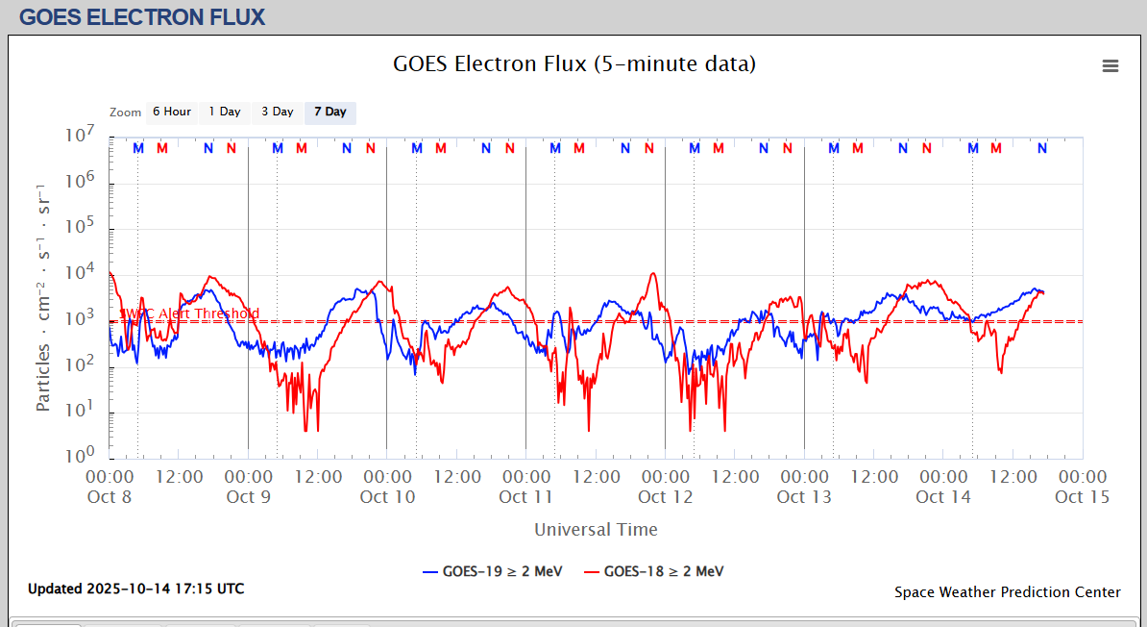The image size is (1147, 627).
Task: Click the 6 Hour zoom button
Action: coord(172,113)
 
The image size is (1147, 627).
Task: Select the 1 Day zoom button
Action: coord(225,113)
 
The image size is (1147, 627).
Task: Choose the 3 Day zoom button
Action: coord(278,113)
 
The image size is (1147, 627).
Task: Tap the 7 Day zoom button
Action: coord(329,113)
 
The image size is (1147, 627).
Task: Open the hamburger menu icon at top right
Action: coord(1110,66)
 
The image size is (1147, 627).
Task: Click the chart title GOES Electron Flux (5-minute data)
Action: coord(573,64)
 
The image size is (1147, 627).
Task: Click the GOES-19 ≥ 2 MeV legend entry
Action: coord(492,571)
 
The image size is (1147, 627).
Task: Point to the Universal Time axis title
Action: coord(596,530)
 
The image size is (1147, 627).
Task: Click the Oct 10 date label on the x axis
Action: coord(387,497)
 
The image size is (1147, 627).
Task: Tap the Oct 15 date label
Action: coord(1082,497)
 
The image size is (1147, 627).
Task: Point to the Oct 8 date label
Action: coord(110,497)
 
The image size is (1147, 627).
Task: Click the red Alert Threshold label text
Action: coord(189,313)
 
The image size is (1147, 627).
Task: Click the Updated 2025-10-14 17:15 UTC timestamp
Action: coord(135,589)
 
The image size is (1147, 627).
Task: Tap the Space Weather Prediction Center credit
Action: coord(1007,592)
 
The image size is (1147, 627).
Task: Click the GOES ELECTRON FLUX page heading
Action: coord(142,17)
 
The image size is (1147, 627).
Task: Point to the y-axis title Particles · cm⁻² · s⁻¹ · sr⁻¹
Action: coord(43,295)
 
